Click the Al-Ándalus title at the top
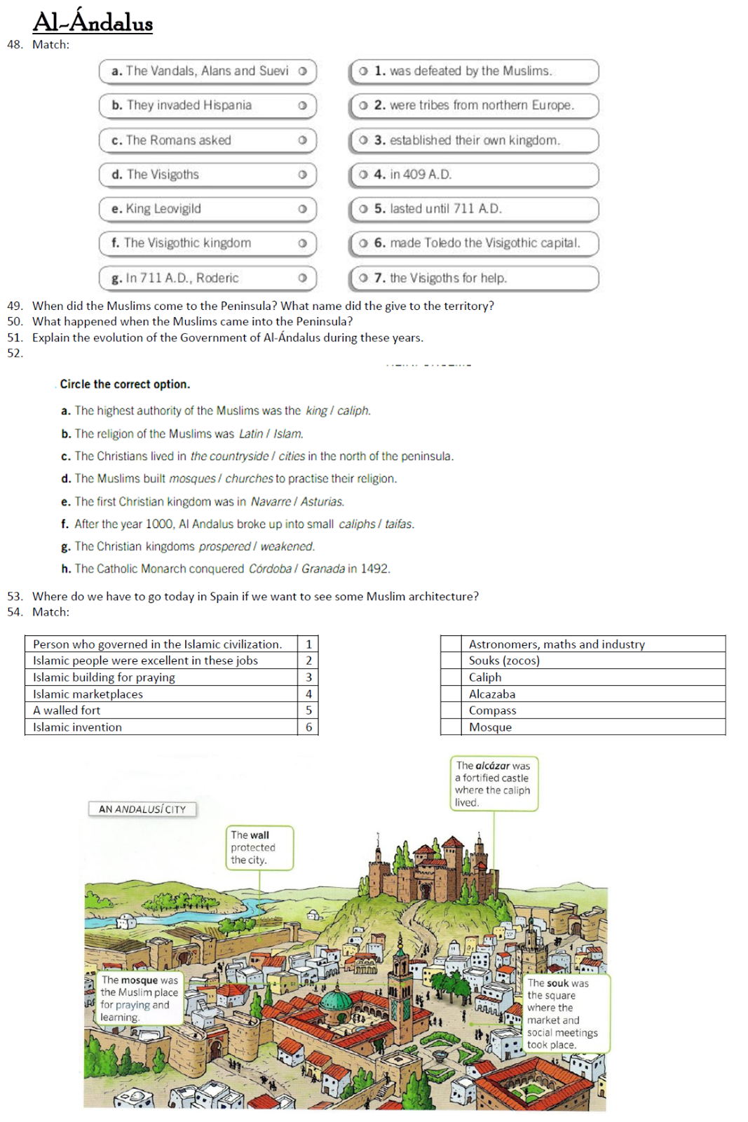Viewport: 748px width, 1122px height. (x=93, y=22)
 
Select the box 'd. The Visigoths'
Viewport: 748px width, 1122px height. (x=208, y=175)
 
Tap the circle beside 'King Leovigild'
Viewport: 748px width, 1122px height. (x=302, y=209)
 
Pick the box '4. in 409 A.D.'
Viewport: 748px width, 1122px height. (x=474, y=175)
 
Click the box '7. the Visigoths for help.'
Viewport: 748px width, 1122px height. (x=474, y=278)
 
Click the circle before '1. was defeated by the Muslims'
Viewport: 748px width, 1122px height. (x=363, y=71)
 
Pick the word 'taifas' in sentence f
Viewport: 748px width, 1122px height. (x=398, y=525)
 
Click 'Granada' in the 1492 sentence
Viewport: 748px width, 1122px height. (x=322, y=569)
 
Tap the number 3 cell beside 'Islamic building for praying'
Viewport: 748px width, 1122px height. (x=308, y=677)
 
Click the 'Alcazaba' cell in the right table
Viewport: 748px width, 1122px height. (x=492, y=694)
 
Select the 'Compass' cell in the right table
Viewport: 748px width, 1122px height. (x=492, y=710)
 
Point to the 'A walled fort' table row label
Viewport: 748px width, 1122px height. (x=67, y=710)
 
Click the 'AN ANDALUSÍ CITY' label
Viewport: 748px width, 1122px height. (x=142, y=809)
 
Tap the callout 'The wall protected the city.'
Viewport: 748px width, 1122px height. (x=259, y=848)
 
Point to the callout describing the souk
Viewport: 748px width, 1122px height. (x=566, y=1014)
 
